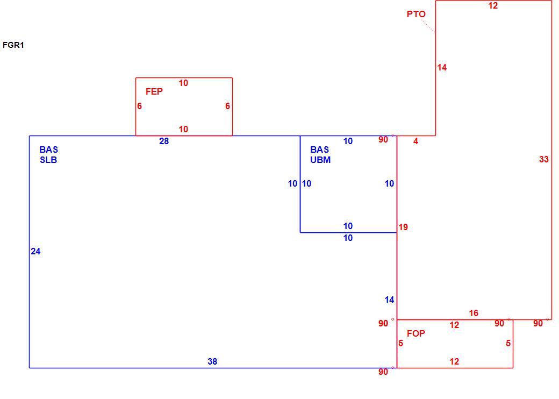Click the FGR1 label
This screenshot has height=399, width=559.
(x=13, y=45)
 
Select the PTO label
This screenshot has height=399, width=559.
(x=416, y=15)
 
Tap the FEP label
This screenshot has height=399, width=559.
(x=154, y=91)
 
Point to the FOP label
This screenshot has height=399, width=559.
(x=415, y=333)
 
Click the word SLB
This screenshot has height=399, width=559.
(x=48, y=160)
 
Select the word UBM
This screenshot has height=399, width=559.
(x=320, y=160)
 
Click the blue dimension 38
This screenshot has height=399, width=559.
(x=212, y=361)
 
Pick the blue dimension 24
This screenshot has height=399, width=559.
(x=35, y=251)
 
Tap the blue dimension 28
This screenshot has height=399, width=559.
(x=164, y=141)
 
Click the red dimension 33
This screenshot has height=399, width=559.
(x=543, y=159)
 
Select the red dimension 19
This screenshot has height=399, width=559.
(x=403, y=227)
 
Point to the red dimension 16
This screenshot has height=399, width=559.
(x=474, y=313)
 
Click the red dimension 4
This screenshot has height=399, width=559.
(x=415, y=141)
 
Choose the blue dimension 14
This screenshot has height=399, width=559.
(x=389, y=300)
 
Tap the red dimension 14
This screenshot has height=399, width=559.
(x=442, y=67)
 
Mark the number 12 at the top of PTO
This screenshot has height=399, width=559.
(x=493, y=6)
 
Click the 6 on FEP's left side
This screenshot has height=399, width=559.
(x=139, y=106)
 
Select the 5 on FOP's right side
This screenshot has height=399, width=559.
(x=508, y=344)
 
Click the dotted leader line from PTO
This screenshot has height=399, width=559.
(x=428, y=26)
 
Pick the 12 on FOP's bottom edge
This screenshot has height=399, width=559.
(x=454, y=361)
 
